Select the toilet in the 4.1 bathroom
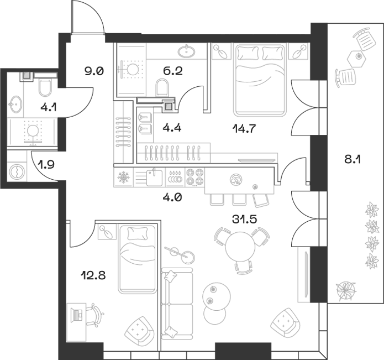tap(45, 87)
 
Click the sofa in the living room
tap(177, 304)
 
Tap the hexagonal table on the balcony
tap(357, 57)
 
